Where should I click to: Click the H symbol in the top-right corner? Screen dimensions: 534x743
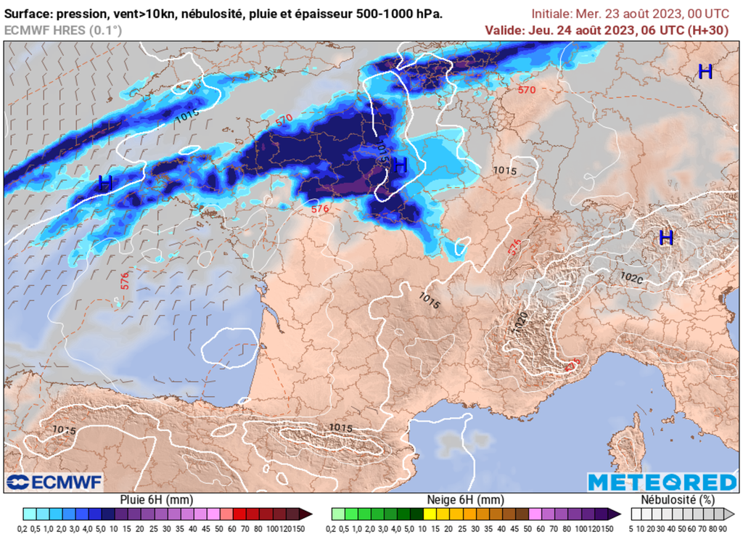click(705, 71)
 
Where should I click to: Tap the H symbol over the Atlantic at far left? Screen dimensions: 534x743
click(105, 183)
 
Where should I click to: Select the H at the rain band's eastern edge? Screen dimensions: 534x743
click(400, 166)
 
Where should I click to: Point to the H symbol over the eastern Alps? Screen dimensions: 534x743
click(665, 237)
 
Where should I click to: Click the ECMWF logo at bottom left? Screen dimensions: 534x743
click(54, 482)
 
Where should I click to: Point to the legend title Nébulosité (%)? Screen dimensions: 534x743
click(678, 500)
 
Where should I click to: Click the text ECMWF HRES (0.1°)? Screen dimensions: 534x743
click(63, 30)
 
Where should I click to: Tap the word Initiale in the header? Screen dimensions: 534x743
click(551, 14)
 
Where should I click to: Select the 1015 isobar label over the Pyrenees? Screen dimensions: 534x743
click(341, 428)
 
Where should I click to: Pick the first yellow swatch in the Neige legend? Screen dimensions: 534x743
click(430, 513)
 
